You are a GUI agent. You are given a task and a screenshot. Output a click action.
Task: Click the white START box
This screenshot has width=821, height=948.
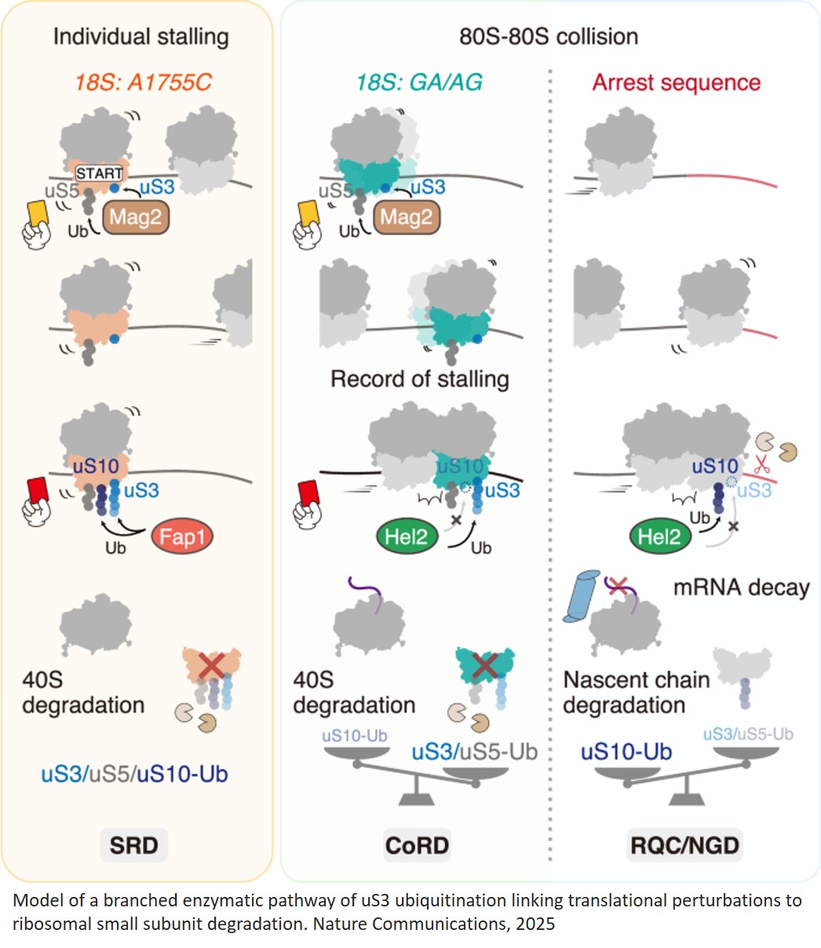(99, 173)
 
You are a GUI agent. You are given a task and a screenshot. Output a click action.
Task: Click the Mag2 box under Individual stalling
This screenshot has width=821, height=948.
(135, 217)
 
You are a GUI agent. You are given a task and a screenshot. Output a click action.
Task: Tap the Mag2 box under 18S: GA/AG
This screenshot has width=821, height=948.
(407, 217)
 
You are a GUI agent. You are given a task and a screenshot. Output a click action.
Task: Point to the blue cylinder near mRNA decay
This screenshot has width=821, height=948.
(585, 598)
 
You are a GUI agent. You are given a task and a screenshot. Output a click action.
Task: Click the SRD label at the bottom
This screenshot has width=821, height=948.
(134, 845)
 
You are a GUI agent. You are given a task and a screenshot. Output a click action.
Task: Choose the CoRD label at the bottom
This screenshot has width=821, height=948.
(417, 845)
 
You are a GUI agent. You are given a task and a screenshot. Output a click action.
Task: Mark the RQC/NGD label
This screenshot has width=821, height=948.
(685, 845)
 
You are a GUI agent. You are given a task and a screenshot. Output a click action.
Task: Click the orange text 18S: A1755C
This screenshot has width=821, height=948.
(143, 82)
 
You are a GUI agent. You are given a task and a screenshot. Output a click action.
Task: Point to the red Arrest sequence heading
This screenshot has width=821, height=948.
(676, 82)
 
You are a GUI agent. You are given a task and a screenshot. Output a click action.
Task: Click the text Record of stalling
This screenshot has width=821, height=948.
(419, 379)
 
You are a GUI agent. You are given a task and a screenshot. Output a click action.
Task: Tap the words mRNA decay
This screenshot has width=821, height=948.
(741, 587)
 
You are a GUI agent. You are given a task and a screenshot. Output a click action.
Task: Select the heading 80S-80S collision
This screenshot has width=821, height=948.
(549, 36)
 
